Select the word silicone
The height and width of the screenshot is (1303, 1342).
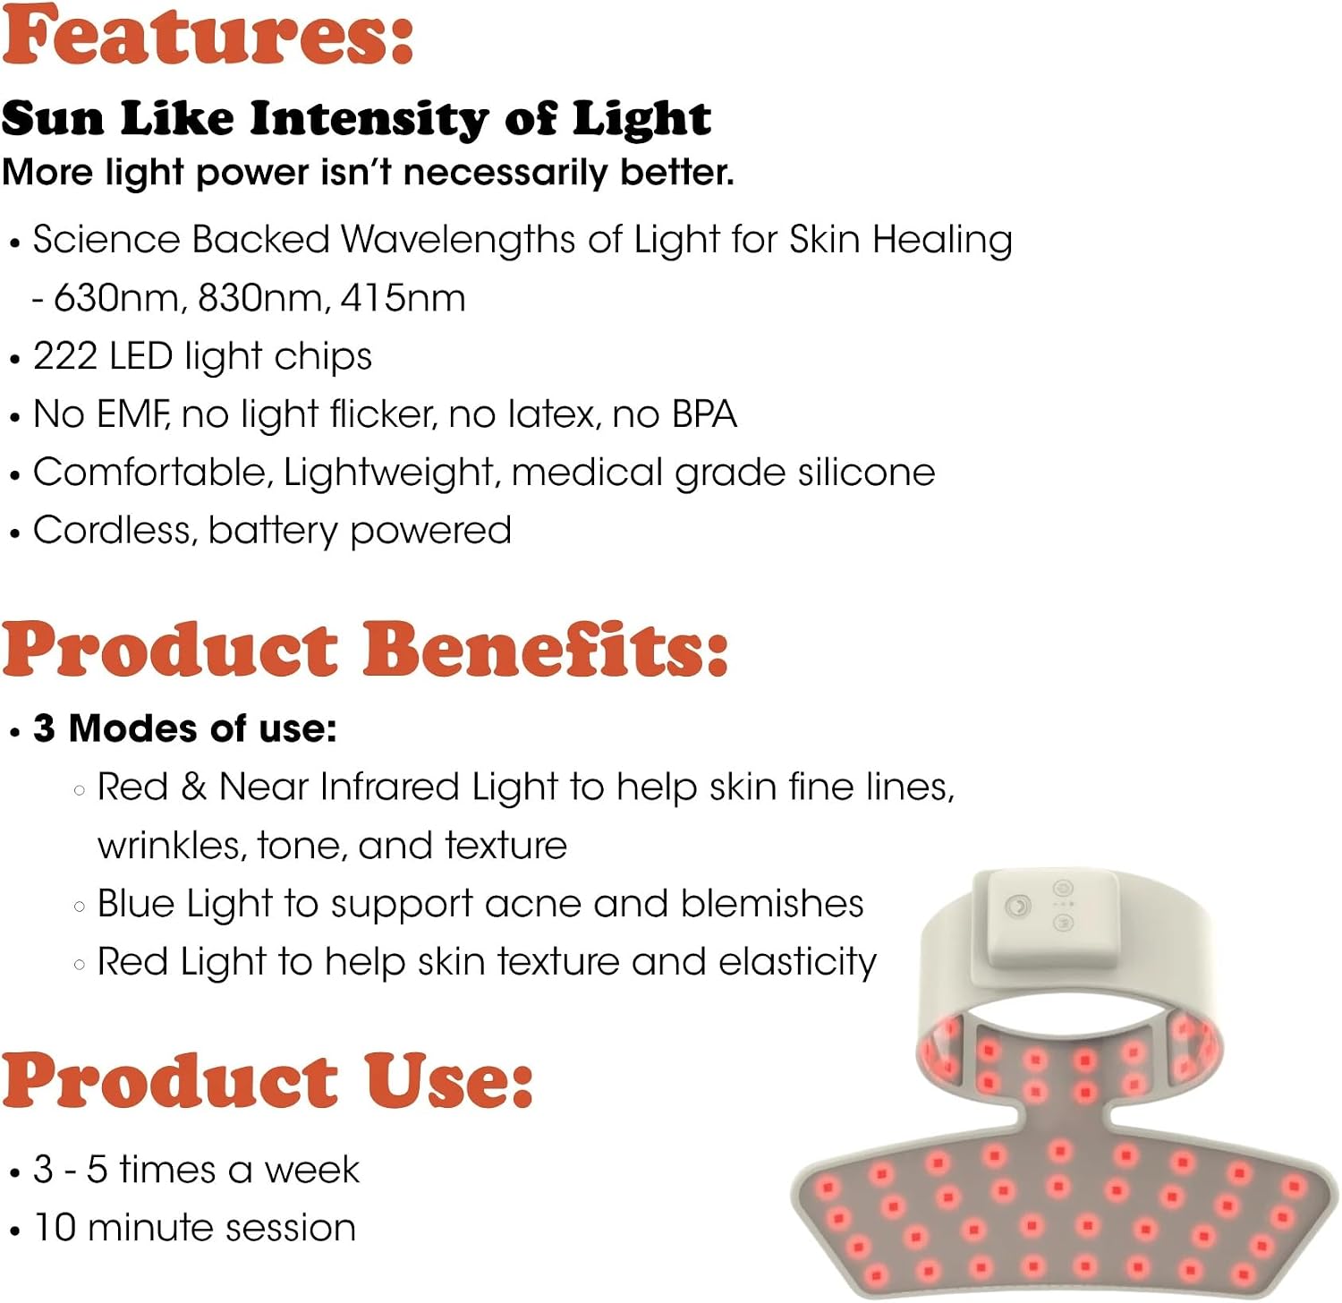tap(867, 472)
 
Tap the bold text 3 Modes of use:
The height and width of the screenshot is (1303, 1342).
tap(185, 728)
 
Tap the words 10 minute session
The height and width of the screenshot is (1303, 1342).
tap(195, 1227)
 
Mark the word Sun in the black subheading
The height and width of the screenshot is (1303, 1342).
tap(52, 118)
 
